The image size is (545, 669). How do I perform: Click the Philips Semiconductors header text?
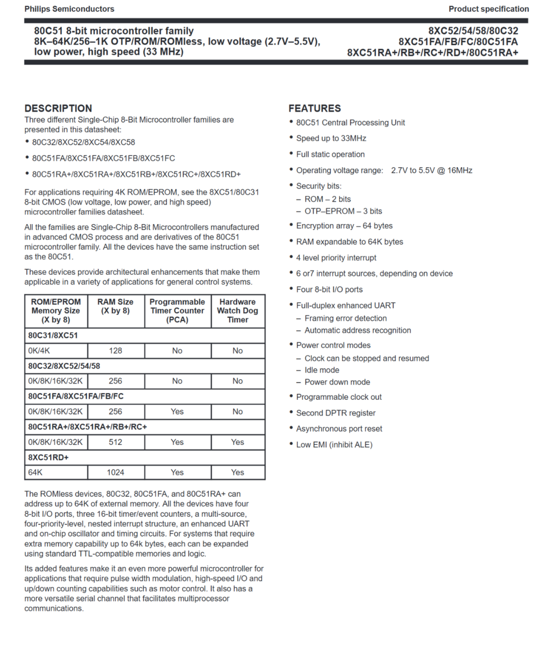pyautogui.click(x=69, y=9)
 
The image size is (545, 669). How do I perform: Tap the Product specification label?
pyautogui.click(x=488, y=9)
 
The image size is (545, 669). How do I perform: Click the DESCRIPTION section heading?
pyautogui.click(x=58, y=108)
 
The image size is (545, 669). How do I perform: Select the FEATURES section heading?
pyautogui.click(x=315, y=108)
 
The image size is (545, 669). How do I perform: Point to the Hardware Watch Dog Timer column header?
pyautogui.click(x=238, y=311)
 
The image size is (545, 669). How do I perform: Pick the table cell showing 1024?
pyautogui.click(x=115, y=472)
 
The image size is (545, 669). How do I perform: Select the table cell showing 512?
pyautogui.click(x=115, y=442)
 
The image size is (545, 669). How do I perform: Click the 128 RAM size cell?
pyautogui.click(x=115, y=351)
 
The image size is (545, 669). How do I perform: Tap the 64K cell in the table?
pyautogui.click(x=36, y=472)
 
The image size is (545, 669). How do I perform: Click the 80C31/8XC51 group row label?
pyautogui.click(x=53, y=336)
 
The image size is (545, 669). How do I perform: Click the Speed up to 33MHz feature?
pyautogui.click(x=331, y=138)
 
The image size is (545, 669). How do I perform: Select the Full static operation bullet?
pyautogui.click(x=330, y=154)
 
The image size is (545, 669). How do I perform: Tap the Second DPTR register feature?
pyautogui.click(x=335, y=413)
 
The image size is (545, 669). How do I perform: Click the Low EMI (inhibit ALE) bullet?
pyautogui.click(x=334, y=445)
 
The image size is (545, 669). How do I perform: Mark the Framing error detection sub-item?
pyautogui.click(x=345, y=318)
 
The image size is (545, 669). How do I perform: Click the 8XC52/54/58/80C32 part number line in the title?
pyautogui.click(x=473, y=31)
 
